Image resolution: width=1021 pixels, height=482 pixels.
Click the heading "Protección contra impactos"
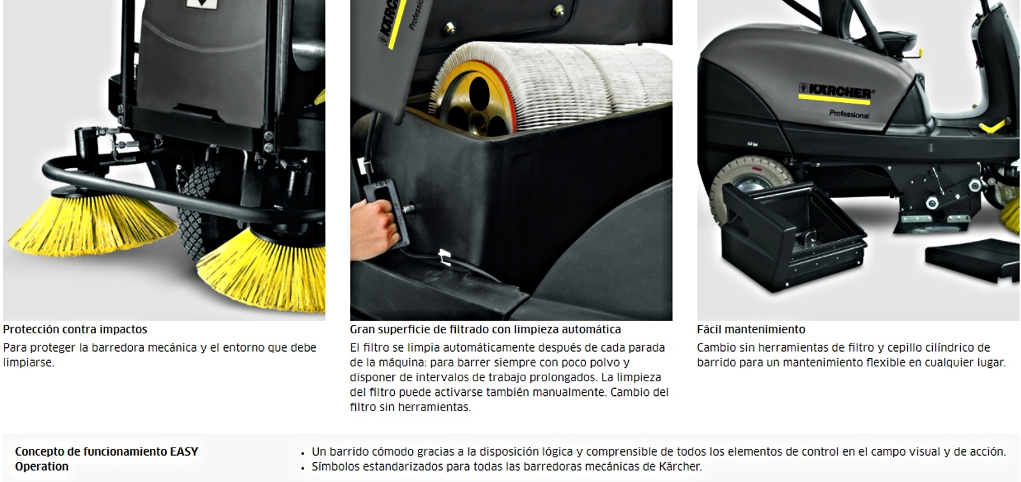point(75,329)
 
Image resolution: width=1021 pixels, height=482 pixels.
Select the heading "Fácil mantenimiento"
point(751,329)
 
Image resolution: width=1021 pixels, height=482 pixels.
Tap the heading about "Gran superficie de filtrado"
point(486,329)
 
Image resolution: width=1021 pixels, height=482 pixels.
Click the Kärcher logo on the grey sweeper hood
point(836,93)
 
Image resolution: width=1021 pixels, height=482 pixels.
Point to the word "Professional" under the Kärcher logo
point(849,114)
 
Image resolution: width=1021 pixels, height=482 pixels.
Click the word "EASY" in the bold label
point(184,451)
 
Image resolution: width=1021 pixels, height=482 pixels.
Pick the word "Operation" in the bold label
point(42,467)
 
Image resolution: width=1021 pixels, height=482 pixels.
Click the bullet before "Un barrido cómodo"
point(303,454)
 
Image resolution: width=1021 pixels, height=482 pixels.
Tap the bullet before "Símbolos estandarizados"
point(303,469)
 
